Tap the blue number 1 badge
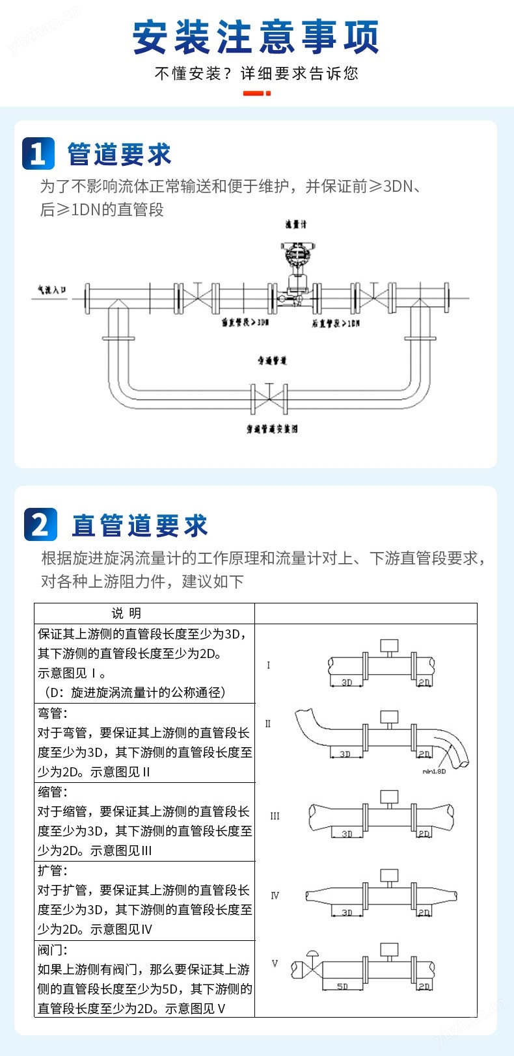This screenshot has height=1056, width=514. [38, 154]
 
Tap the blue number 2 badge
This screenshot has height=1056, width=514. [40, 525]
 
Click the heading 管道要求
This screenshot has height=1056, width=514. [120, 155]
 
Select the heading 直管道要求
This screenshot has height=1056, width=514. [140, 525]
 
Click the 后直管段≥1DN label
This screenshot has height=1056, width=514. [335, 323]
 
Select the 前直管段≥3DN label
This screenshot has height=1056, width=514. [245, 323]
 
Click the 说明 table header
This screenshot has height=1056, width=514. [126, 613]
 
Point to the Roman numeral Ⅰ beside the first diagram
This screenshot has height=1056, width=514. [269, 665]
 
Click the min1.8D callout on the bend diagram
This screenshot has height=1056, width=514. [434, 771]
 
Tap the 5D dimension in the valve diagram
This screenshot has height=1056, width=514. [342, 986]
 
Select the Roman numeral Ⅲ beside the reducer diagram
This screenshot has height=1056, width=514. [275, 816]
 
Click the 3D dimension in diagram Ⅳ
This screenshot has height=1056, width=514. [347, 912]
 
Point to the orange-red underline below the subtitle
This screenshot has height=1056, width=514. [256, 94]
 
